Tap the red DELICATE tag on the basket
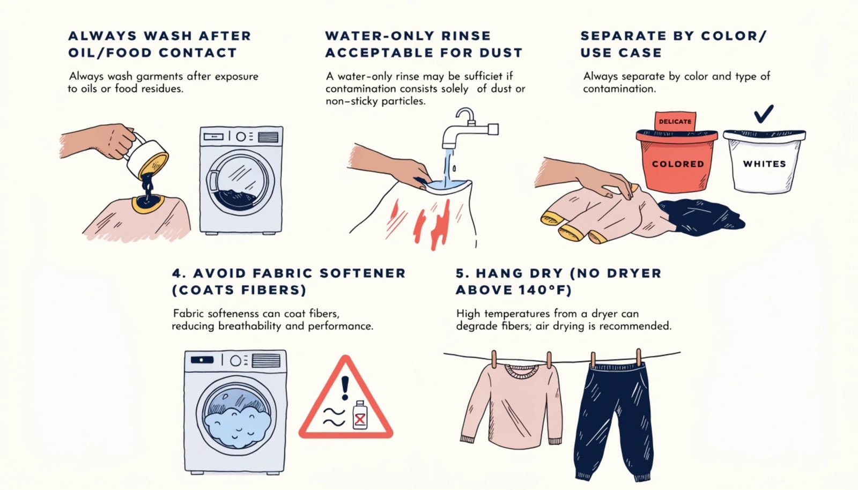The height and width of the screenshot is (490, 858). click(675, 121)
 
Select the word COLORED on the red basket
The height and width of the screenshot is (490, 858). click(678, 164)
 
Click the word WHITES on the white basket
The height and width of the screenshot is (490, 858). click(764, 164)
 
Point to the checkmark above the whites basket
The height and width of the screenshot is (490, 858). click(763, 114)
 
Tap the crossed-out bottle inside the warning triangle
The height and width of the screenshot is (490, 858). click(360, 415)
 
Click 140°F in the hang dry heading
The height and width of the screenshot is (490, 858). click(541, 290)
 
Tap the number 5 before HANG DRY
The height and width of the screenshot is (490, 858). click(461, 273)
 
